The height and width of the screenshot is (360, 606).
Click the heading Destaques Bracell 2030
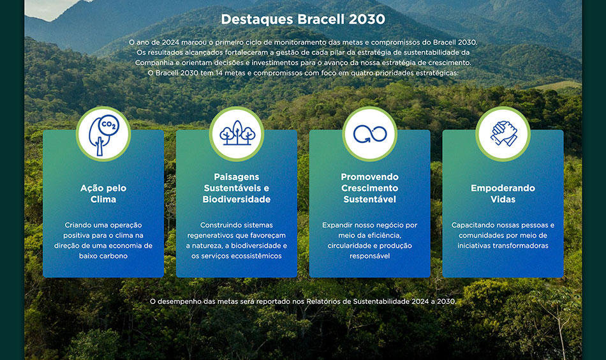point(302,19)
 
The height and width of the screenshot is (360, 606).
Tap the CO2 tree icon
point(103,135)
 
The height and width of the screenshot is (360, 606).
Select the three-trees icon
point(237,133)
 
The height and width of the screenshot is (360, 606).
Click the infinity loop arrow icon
point(370,134)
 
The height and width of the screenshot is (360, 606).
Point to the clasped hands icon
point(503,133)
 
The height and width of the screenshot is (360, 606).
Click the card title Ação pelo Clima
point(103,193)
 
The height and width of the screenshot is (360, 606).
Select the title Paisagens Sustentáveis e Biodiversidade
point(237,188)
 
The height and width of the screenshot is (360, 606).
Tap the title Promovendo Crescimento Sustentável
point(369,188)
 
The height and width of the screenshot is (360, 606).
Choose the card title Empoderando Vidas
point(503,193)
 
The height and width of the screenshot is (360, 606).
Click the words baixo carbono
point(103,256)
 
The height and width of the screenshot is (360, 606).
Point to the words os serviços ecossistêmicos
point(237,256)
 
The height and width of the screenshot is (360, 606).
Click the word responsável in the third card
point(369,256)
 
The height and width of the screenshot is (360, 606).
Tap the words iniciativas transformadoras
point(503,246)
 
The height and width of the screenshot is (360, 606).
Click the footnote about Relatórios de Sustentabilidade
point(303,301)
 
